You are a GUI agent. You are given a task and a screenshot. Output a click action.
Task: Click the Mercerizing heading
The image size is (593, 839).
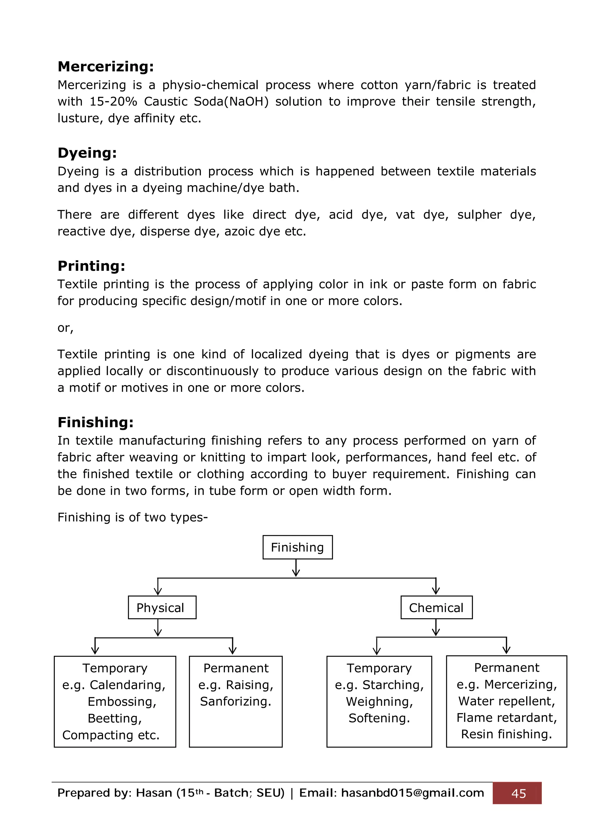pyautogui.click(x=106, y=67)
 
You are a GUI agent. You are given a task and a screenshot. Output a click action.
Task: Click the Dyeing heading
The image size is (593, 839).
pyautogui.click(x=87, y=153)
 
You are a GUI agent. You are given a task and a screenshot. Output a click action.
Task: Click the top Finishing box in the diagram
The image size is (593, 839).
pyautogui.click(x=297, y=547)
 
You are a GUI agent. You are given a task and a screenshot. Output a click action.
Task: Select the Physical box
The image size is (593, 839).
pyautogui.click(x=162, y=607)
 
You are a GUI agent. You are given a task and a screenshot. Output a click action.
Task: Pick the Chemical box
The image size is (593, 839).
pyautogui.click(x=436, y=607)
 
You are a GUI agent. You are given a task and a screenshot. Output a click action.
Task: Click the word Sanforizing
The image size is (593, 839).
pyautogui.click(x=235, y=701)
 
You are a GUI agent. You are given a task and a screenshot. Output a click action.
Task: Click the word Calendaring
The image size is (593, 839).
pyautogui.click(x=127, y=684)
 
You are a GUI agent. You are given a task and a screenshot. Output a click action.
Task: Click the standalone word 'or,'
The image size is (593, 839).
pyautogui.click(x=65, y=328)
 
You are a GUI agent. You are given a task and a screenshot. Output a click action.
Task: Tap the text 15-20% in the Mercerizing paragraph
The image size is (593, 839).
pyautogui.click(x=113, y=101)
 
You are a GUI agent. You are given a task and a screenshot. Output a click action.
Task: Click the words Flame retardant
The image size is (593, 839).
pyautogui.click(x=506, y=717)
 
